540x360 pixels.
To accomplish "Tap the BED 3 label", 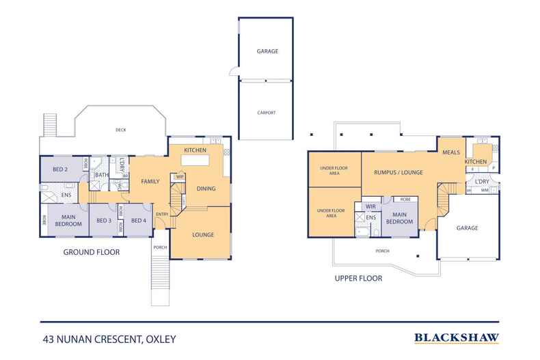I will pyautogui.click(x=103, y=220).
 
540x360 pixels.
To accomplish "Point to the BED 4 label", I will pyautogui.click(x=139, y=220).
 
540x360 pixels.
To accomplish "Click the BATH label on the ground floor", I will pyautogui.click(x=102, y=175).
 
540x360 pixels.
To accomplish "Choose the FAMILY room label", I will pyautogui.click(x=150, y=182).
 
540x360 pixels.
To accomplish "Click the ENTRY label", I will pyautogui.click(x=162, y=215).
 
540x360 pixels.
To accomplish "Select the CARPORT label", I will pyautogui.click(x=266, y=113).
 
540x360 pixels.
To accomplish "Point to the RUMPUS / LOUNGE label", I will pyautogui.click(x=399, y=173).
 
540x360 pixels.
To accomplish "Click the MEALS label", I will pyautogui.click(x=450, y=152).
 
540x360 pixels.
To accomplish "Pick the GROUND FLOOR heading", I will pyautogui.click(x=92, y=252).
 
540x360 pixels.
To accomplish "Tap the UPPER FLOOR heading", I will pyautogui.click(x=357, y=279).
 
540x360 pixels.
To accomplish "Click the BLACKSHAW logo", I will pyautogui.click(x=456, y=337).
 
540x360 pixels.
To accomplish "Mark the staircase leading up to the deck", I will pyautogui.click(x=50, y=124).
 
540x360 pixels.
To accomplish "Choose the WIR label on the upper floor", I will pyautogui.click(x=370, y=206).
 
